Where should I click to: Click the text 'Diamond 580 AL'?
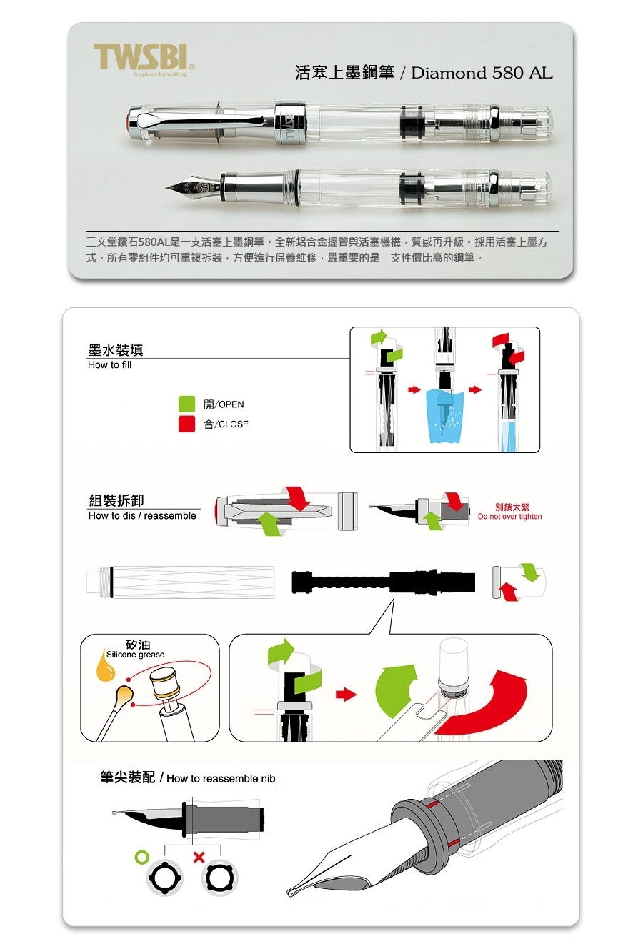pos(482,74)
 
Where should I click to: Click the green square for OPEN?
pos(186,404)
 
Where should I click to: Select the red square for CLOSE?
pos(186,424)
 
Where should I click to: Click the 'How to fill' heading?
pos(109,365)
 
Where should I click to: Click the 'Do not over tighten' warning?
pos(510,517)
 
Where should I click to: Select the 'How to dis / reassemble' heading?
pos(142,516)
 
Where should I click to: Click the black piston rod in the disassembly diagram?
pos(384,582)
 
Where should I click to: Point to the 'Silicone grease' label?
pos(135,655)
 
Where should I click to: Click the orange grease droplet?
pos(105,666)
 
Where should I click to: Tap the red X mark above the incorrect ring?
pos(199,857)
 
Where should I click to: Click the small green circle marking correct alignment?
pos(142,857)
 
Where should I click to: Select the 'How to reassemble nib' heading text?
pos(221,778)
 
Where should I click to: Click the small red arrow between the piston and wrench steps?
pos(346,694)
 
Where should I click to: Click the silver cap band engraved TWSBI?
pos(291,123)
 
